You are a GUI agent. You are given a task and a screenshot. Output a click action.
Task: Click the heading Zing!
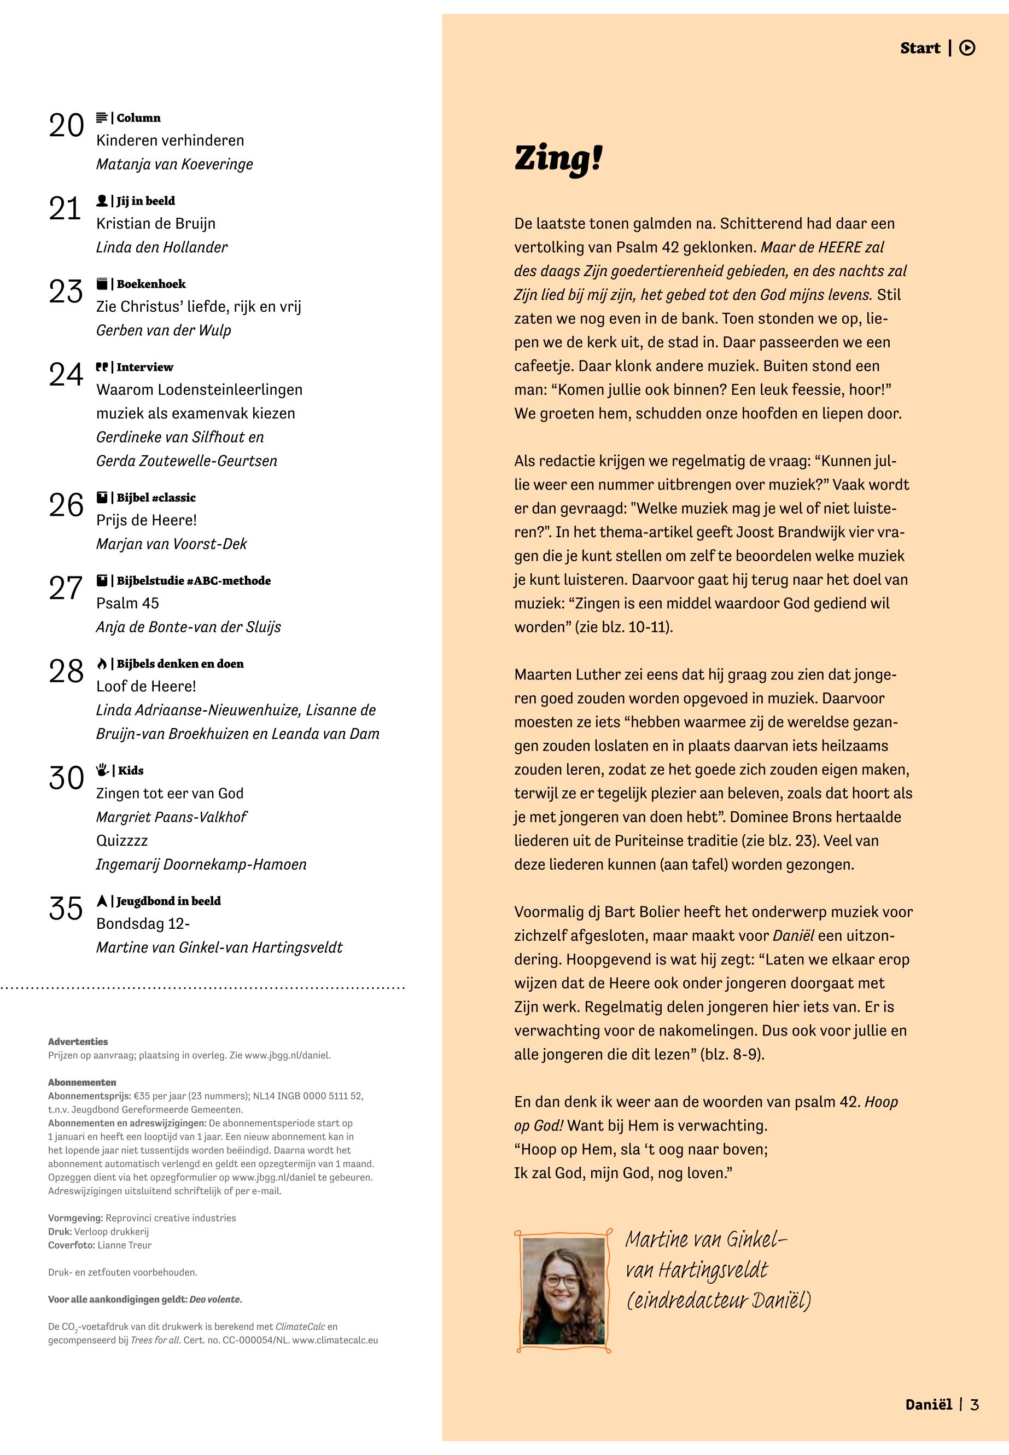coord(558,159)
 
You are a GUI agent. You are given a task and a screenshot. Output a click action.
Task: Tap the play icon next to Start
coord(967,48)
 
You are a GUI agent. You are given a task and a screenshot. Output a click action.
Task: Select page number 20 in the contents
coord(66,126)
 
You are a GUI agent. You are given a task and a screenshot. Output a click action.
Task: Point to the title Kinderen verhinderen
coord(170,141)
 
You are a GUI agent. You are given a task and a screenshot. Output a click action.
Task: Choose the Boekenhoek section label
coord(150,284)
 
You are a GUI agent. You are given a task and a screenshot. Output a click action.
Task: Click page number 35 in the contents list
coord(66,909)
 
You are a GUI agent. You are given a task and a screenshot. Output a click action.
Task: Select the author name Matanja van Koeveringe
coord(174,165)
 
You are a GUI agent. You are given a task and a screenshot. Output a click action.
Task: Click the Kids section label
coord(130,770)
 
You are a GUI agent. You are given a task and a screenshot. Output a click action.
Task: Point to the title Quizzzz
coord(121,840)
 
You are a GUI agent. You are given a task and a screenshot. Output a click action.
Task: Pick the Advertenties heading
coord(78,1041)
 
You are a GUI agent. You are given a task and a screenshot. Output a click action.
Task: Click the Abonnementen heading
coord(81,1082)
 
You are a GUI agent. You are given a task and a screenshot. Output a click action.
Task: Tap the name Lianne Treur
coord(125,1244)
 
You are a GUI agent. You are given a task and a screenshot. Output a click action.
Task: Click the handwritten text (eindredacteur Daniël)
coord(718,1301)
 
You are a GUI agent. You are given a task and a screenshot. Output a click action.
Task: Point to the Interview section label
coord(144,366)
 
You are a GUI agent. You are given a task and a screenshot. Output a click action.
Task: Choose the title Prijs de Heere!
coord(146,520)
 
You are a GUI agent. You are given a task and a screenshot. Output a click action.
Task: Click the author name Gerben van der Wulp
coord(163,330)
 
